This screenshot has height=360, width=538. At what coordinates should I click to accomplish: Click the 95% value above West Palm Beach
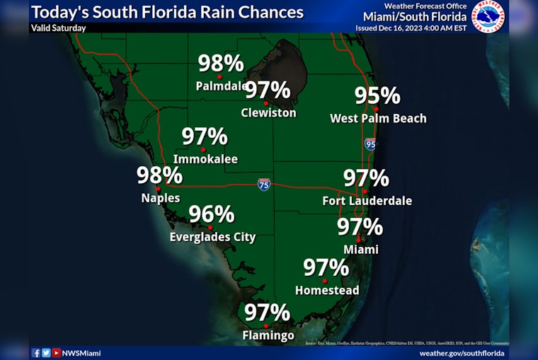point(377,95)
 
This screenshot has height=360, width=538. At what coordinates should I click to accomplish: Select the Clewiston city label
point(268,112)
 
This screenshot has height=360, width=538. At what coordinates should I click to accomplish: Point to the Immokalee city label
point(206,159)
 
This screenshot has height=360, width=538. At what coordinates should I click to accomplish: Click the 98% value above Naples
point(160,175)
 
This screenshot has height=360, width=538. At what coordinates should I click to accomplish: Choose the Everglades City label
point(212,237)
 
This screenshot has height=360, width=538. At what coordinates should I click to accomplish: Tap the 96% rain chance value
point(211,214)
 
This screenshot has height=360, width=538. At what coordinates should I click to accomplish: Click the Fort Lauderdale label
point(367,201)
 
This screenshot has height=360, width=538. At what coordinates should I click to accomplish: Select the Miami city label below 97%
point(361,249)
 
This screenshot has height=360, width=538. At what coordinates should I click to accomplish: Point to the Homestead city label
point(327,290)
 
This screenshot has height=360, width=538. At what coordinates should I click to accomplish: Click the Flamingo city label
point(268,335)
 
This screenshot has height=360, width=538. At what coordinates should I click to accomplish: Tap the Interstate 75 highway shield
point(264,185)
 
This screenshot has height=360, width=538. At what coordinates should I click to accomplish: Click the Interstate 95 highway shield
point(370,144)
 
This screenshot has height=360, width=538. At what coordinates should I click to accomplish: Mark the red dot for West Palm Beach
point(376,109)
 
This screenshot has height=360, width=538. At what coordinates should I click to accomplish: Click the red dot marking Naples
point(158,189)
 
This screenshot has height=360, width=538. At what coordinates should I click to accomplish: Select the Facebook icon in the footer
point(36,352)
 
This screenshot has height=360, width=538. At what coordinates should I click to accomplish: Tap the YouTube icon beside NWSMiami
point(57,352)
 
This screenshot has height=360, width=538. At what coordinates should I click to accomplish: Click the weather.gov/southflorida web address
point(462,352)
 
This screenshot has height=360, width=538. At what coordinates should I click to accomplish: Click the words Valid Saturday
point(58,28)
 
